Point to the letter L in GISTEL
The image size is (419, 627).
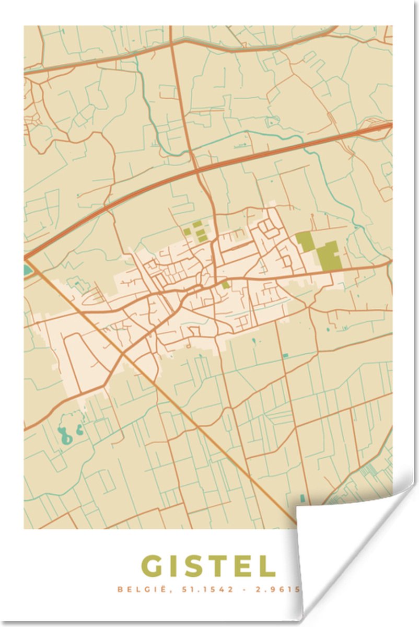[267, 566]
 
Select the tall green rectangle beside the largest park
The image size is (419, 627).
[305, 241]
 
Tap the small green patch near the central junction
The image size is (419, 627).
[225, 285]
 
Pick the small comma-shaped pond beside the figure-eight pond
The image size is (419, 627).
[79, 431]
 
